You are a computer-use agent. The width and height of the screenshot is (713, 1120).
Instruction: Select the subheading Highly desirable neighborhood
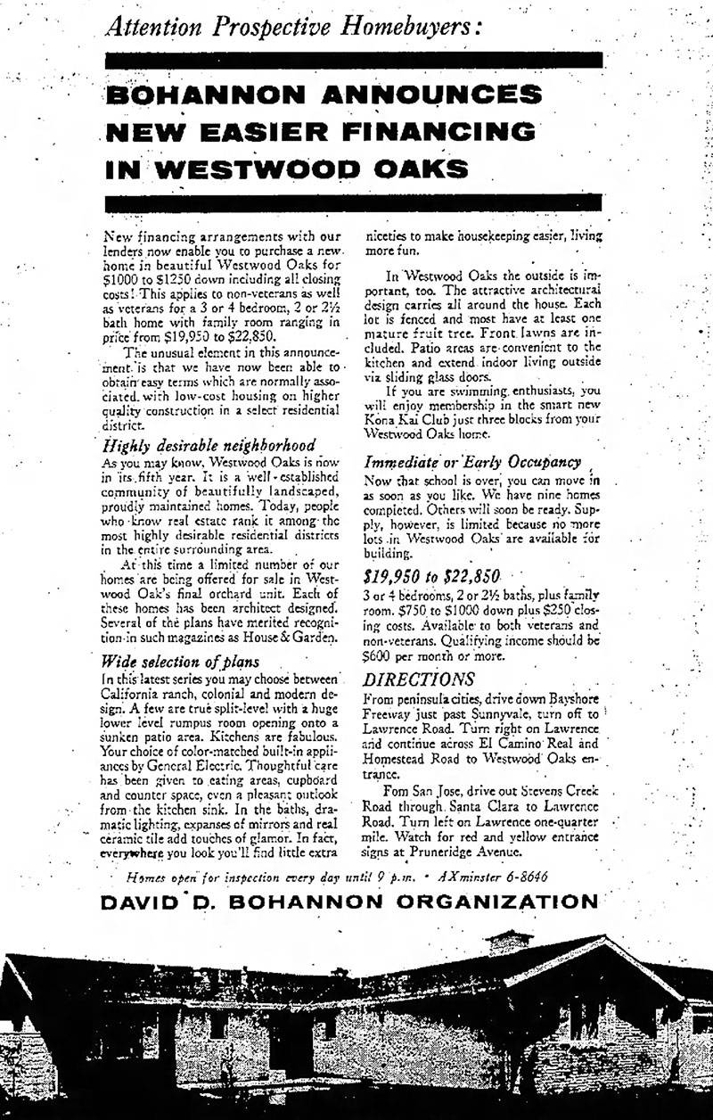click(209, 443)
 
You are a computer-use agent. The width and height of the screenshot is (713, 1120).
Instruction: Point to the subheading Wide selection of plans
click(182, 661)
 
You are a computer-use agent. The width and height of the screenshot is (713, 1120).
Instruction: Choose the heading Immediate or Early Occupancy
click(473, 462)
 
